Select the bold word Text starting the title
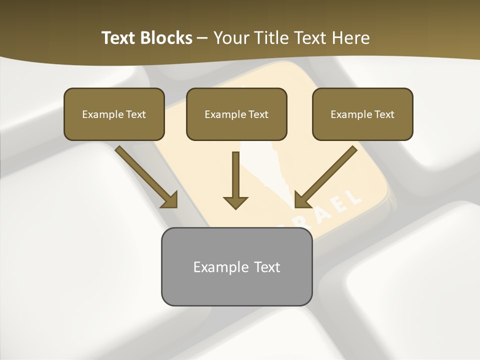tap(119, 38)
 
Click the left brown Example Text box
tap(114, 114)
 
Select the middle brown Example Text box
tap(236, 114)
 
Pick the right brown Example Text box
tap(362, 114)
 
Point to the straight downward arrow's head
tap(235, 202)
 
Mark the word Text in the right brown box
tap(384, 114)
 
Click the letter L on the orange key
tap(354, 195)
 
